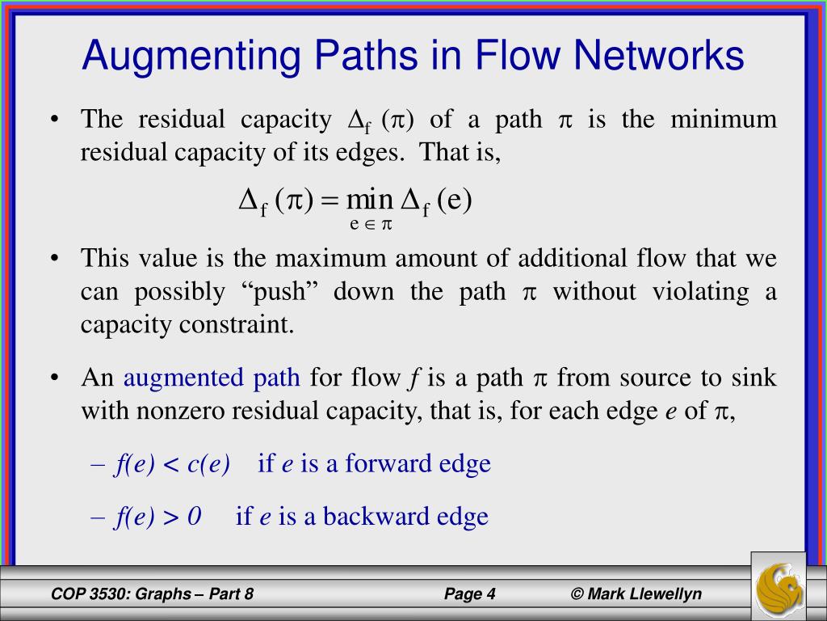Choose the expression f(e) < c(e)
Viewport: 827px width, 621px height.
click(172, 463)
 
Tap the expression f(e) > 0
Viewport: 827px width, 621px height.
click(157, 516)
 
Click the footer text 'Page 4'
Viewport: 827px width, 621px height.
click(469, 594)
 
